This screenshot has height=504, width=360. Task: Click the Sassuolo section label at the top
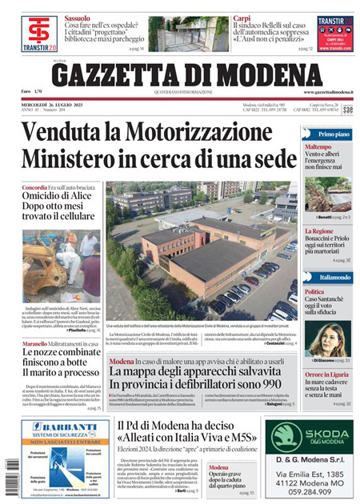coord(78,17)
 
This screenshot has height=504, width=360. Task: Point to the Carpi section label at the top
coord(242,17)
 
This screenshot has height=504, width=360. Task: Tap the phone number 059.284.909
coord(309,494)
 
